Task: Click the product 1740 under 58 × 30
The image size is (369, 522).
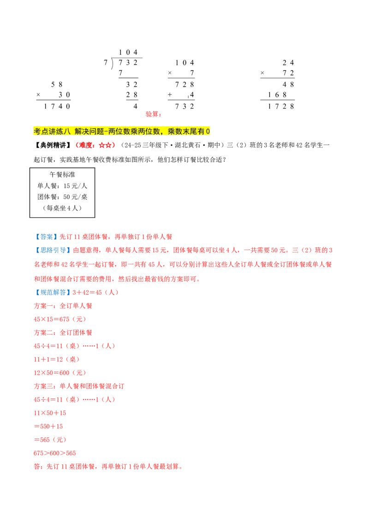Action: (57, 107)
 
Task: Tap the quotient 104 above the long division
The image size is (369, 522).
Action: (128, 53)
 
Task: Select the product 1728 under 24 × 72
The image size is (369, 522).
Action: (281, 107)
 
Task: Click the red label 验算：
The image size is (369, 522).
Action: (154, 114)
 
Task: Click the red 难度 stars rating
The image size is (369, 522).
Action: (95, 145)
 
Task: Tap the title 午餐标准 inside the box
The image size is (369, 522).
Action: (62, 174)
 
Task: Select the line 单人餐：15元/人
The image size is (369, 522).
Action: (62, 186)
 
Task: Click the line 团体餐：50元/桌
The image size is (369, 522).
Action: (62, 197)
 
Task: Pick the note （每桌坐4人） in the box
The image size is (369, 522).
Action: (62, 208)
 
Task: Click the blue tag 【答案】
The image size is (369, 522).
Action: (46, 237)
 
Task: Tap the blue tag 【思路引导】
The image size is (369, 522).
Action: (53, 250)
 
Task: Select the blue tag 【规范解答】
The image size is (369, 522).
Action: (53, 292)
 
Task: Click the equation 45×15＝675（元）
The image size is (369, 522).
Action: (60, 319)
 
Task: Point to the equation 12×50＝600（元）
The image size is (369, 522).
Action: (60, 373)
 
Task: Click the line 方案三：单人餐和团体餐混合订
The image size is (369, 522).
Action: (79, 386)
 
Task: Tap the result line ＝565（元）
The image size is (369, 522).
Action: (50, 440)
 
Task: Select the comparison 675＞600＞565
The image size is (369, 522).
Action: (54, 453)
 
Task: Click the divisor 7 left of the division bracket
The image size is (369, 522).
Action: (106, 63)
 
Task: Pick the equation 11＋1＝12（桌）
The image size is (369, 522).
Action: (57, 360)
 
